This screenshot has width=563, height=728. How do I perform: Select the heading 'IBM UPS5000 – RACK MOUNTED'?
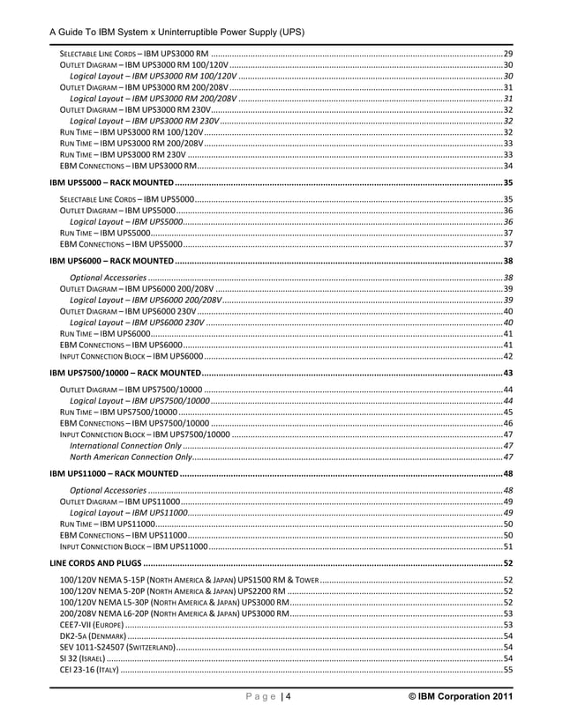click(x=111, y=182)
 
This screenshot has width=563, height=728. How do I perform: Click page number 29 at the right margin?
click(x=508, y=55)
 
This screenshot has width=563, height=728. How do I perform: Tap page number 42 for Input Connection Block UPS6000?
click(x=508, y=356)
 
